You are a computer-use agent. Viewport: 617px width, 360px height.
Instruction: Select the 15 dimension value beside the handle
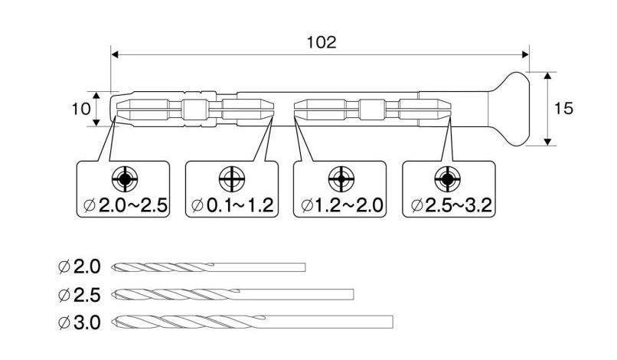tap(563, 109)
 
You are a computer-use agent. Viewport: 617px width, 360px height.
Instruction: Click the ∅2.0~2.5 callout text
tap(124, 205)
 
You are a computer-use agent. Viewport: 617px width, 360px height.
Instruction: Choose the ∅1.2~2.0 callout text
tap(341, 205)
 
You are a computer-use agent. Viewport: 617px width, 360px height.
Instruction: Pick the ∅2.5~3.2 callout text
tap(450, 205)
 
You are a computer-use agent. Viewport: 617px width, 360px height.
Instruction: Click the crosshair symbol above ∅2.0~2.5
tap(124, 180)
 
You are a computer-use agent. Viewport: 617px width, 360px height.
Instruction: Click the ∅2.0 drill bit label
tap(79, 267)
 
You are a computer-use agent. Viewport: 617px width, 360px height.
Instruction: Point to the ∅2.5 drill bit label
tap(79, 294)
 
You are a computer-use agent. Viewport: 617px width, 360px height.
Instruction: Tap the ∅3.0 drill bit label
tap(79, 322)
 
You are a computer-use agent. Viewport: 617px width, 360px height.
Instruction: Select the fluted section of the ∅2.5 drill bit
tap(176, 294)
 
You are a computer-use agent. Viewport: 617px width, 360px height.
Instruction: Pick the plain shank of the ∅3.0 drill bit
tap(329, 322)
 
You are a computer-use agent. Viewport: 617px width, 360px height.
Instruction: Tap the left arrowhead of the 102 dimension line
tap(116, 54)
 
